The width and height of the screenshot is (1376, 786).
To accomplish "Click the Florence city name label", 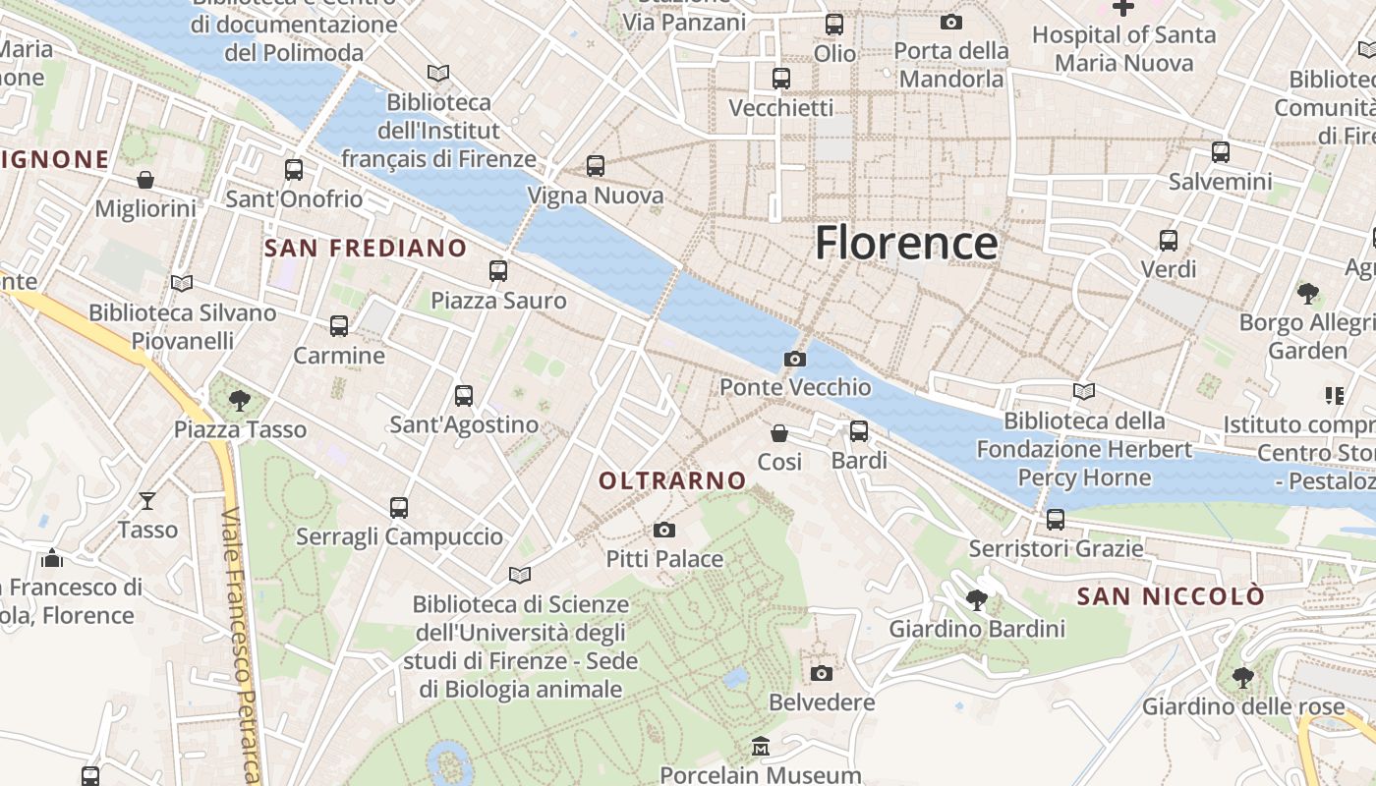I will tap(905, 243).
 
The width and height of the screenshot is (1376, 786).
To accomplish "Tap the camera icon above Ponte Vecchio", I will tap(795, 360).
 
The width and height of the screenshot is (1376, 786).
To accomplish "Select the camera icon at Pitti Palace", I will tap(664, 531).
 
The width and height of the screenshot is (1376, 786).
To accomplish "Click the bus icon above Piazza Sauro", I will tap(498, 271).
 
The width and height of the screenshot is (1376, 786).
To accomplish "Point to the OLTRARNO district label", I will tap(673, 480).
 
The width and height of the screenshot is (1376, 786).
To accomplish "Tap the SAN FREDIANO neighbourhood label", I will tap(366, 249).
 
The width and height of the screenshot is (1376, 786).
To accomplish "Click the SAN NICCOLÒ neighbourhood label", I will tap(1171, 596).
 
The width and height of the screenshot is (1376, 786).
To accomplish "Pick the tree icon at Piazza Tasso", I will tap(239, 400).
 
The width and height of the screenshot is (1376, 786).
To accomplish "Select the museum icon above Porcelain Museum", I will tap(760, 747).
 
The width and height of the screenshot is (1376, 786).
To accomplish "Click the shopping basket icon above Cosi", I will tap(779, 432).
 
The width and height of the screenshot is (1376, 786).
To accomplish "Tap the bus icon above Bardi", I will tap(859, 430).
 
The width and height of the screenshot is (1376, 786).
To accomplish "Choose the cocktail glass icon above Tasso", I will tap(147, 501).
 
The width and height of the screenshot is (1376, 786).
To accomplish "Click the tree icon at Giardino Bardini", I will tap(977, 599).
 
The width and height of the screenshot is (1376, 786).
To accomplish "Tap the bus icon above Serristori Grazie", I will tap(1056, 519).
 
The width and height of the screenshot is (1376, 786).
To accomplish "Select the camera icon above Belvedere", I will tap(822, 673).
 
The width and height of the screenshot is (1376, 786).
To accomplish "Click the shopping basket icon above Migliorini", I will tap(145, 179).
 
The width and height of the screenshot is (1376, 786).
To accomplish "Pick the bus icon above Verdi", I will tap(1169, 240).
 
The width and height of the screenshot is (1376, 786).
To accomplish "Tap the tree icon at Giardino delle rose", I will tap(1243, 677).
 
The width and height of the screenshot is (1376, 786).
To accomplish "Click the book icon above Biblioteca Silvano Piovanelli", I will tap(182, 283).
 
